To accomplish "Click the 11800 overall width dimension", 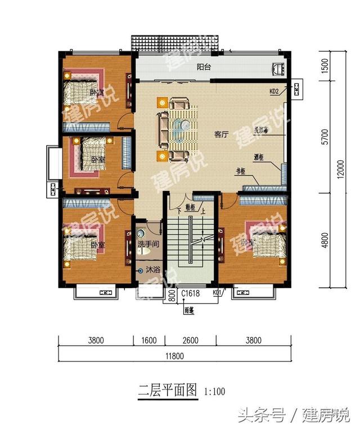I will [x=174, y=355].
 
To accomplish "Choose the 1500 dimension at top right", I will [x=325, y=65].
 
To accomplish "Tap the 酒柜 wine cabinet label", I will [x=259, y=158].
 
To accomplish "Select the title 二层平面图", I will [x=168, y=390].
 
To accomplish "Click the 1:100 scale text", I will [x=214, y=391].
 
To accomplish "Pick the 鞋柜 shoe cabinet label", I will [x=189, y=208].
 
